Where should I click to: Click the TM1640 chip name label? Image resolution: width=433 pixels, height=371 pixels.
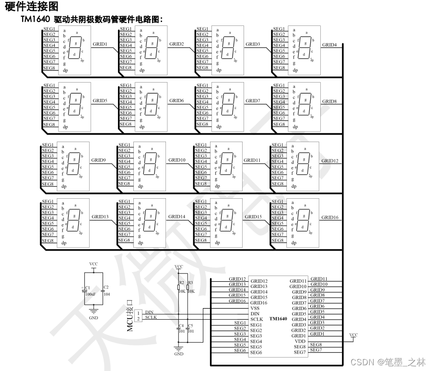(279, 319)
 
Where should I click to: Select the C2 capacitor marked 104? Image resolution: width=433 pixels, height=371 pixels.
(103, 290)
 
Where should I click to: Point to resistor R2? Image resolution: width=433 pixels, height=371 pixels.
(179, 287)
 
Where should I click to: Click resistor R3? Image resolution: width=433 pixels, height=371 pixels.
(188, 287)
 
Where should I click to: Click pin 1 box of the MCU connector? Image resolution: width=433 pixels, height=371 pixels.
(139, 313)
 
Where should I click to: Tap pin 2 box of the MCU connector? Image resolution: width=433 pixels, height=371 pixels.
(139, 319)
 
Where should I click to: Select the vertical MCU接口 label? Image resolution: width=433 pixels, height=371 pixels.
(129, 315)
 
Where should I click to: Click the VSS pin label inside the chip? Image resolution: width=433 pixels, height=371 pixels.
(255, 308)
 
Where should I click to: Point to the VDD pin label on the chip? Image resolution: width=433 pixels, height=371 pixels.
(300, 341)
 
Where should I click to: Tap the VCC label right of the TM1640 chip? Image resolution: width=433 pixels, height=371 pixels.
(353, 335)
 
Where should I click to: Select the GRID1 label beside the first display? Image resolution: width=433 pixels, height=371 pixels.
(100, 45)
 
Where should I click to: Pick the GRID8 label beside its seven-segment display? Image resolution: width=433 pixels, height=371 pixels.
(329, 101)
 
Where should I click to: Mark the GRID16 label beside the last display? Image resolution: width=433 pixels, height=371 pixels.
(330, 217)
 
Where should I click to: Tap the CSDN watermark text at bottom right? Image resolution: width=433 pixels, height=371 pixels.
(387, 361)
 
